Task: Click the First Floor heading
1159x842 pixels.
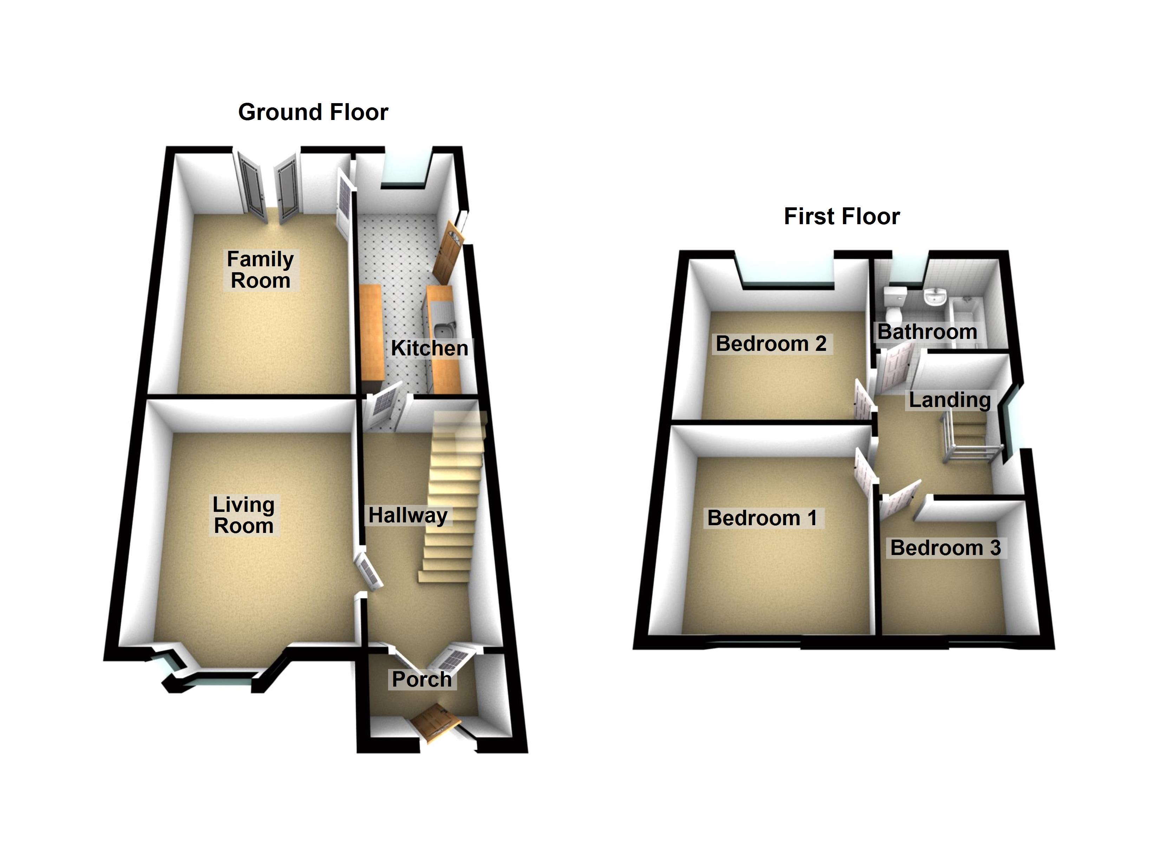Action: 842,216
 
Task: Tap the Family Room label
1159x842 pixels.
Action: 260,269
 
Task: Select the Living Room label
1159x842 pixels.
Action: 244,515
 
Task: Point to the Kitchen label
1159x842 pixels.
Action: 429,348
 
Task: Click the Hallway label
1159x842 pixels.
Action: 408,515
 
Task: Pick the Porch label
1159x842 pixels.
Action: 421,679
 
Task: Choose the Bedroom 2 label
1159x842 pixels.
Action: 771,344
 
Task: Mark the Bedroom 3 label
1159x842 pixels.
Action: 945,548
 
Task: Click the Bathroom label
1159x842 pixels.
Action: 927,332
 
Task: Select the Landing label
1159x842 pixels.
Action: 949,400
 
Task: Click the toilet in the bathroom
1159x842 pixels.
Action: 895,303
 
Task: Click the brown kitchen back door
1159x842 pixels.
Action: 447,253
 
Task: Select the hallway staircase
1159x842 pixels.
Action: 452,500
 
